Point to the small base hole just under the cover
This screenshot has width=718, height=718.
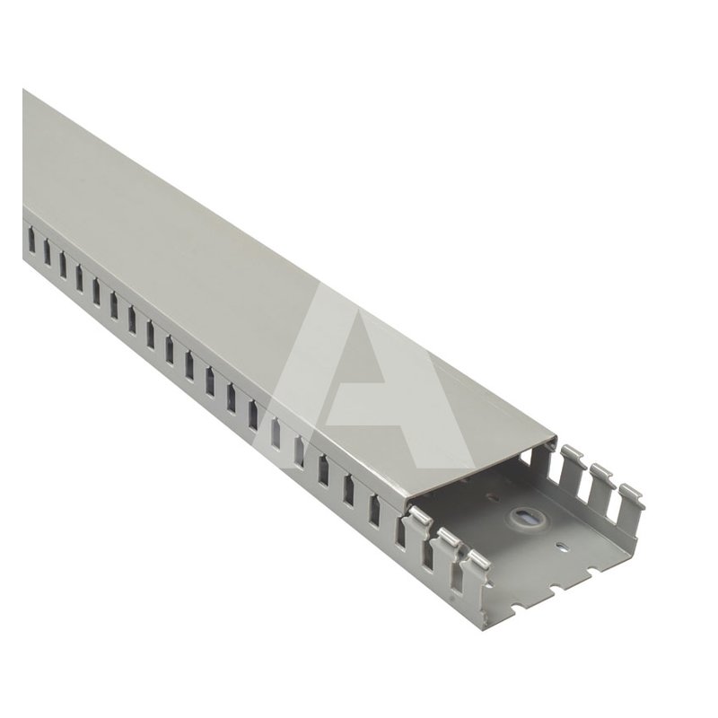pos(491,495)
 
